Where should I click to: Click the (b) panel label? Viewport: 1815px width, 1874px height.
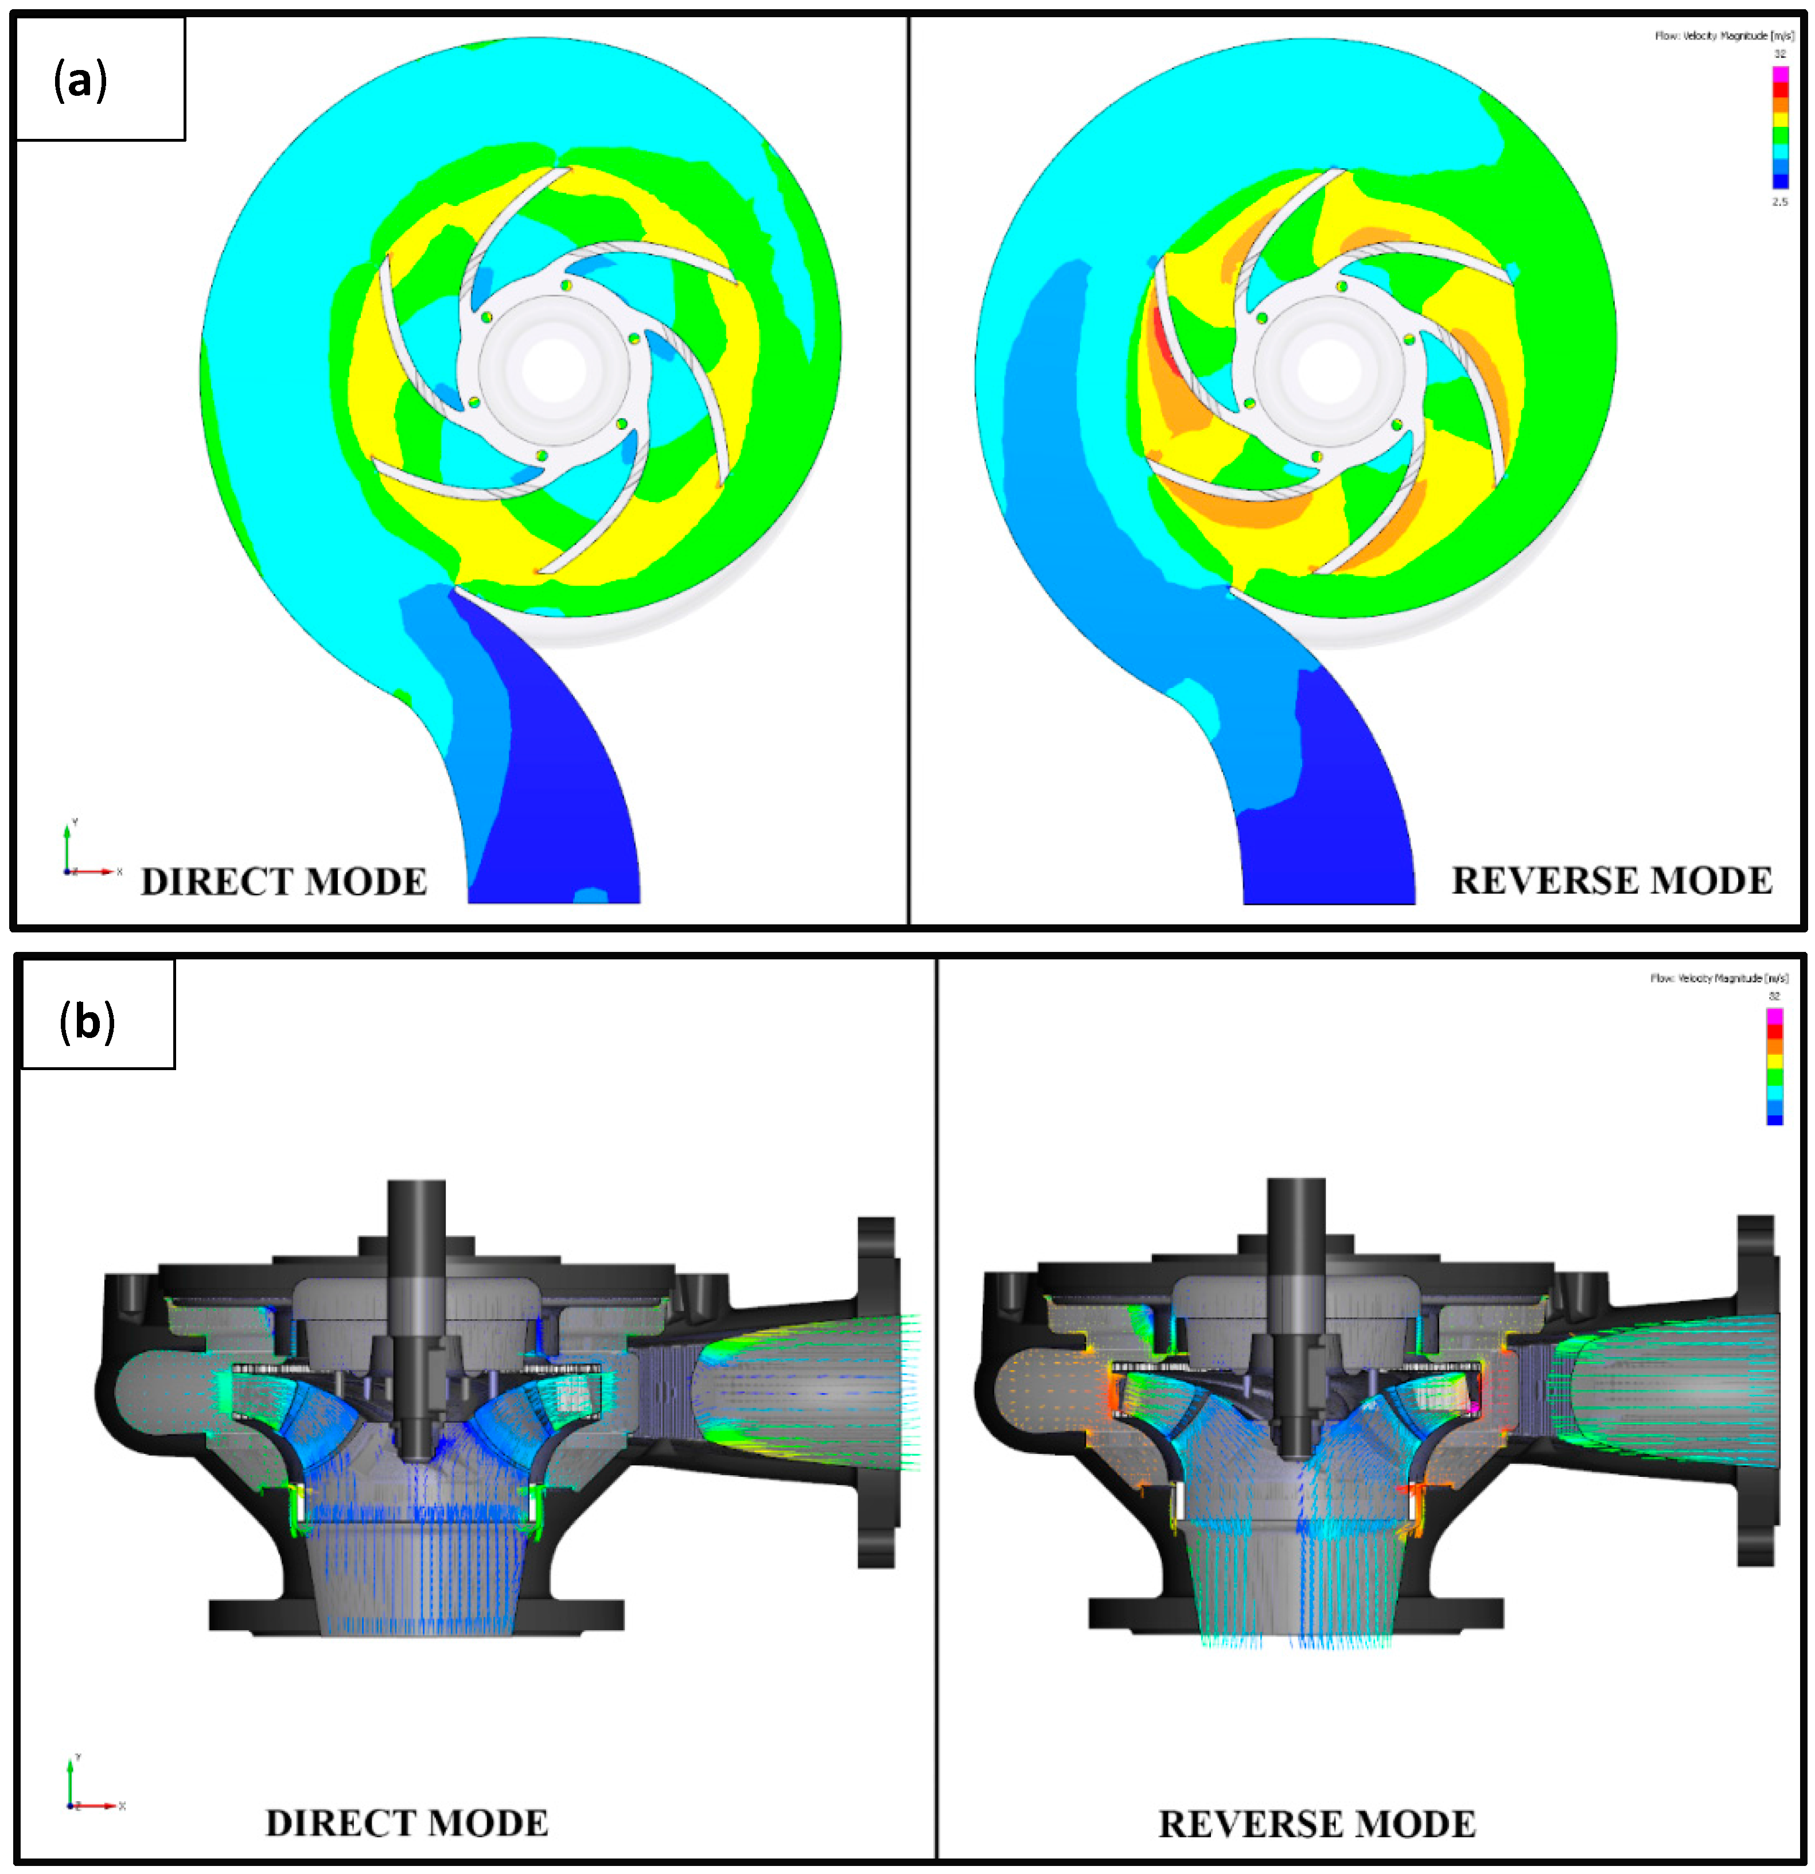click(87, 1021)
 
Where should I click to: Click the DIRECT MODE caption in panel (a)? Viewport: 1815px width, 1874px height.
click(284, 881)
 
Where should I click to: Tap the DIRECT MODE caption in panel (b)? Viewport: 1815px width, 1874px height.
click(407, 1822)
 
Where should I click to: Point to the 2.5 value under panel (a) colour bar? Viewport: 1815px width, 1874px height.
click(1779, 203)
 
